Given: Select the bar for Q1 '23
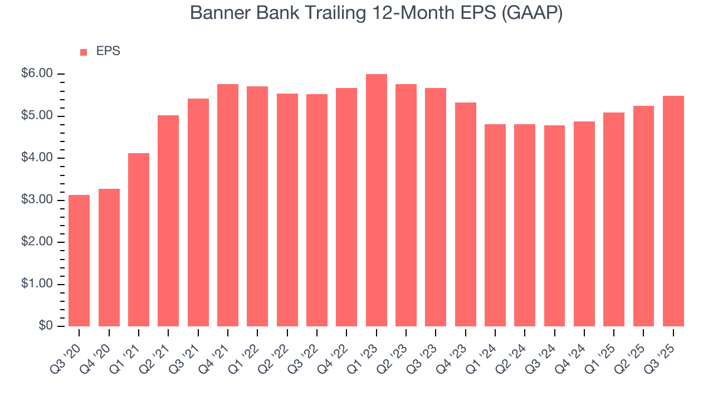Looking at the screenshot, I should tap(376, 200).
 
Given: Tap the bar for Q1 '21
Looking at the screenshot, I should tap(139, 239).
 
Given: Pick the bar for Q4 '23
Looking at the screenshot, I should tap(465, 214).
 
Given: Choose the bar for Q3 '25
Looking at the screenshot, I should tap(673, 211).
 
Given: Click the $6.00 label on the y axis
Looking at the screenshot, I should tap(38, 74).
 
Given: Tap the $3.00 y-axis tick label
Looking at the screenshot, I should tap(38, 200).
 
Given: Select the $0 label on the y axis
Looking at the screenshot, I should tap(46, 326).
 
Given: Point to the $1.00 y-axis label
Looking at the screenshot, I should tap(38, 284).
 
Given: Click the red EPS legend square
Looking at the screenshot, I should tap(84, 52).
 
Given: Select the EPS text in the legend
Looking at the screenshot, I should tap(108, 51).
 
